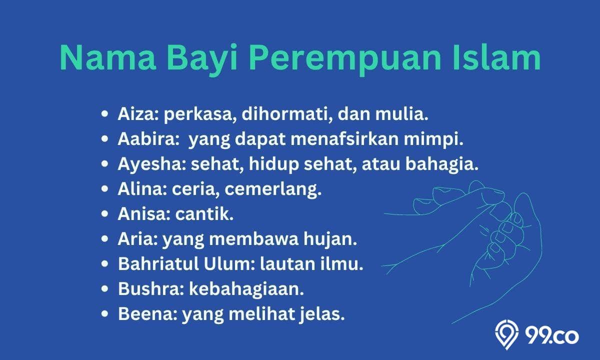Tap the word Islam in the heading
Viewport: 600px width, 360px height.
coord(497,57)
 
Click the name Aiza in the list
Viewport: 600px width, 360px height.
coord(138,114)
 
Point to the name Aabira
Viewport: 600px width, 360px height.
coord(147,139)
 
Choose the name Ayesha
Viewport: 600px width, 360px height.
coord(150,164)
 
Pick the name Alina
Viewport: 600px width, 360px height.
coord(140,189)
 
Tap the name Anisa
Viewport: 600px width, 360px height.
coord(142,214)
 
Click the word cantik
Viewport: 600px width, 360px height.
coord(204,214)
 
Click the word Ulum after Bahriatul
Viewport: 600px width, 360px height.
coord(227,264)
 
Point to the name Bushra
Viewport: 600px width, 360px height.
coord(149,289)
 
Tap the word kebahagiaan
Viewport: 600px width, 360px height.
coord(246,289)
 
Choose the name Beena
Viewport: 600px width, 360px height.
coord(145,314)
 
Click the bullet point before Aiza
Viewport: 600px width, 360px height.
coord(104,114)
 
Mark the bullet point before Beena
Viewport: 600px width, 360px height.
coord(104,314)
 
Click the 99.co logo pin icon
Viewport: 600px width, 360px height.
coord(506,334)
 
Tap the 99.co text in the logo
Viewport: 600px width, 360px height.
coord(552,336)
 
